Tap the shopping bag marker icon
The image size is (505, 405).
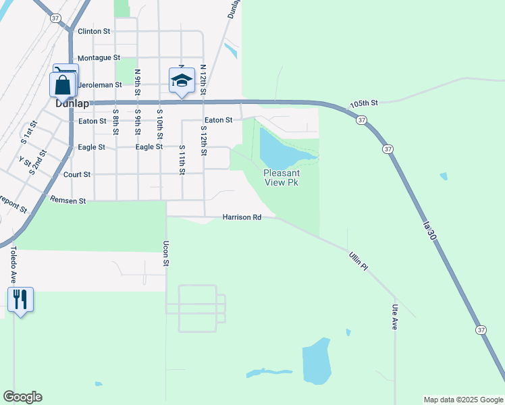(x=61, y=86)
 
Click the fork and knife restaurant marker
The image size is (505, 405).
(x=20, y=299)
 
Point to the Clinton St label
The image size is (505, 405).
(x=94, y=32)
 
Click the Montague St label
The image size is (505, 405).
(x=99, y=59)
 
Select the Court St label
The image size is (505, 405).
(x=77, y=174)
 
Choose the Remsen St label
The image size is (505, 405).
(x=68, y=200)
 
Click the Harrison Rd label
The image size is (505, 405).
(x=242, y=217)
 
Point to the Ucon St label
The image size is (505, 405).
(x=165, y=253)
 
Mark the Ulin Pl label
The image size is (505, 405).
(x=358, y=262)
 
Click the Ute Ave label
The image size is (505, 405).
(x=395, y=317)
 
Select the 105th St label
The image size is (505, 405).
(x=365, y=104)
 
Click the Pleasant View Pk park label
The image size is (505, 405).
(x=281, y=178)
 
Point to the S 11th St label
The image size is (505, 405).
(x=182, y=159)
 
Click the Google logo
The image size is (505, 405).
(x=22, y=397)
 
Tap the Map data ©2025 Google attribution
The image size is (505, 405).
(x=462, y=400)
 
